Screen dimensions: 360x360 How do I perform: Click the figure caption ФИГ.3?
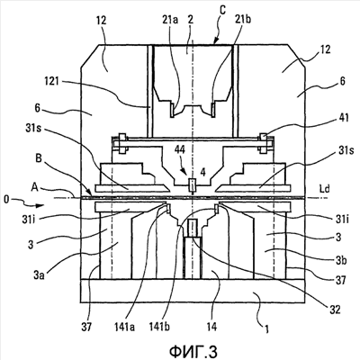(193, 351)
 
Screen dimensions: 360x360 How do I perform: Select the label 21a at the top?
(171, 20)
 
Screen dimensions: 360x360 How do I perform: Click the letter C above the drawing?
(222, 10)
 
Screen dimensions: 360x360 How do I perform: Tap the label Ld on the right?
(325, 189)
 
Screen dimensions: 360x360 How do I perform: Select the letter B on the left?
(39, 158)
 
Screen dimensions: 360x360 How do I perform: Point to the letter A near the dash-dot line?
(34, 187)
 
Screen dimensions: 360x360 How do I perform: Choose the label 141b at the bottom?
(160, 327)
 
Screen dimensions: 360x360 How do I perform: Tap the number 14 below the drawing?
(211, 327)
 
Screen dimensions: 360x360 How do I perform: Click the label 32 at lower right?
(335, 310)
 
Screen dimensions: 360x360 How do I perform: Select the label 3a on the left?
(39, 274)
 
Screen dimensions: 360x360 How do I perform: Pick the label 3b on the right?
(341, 260)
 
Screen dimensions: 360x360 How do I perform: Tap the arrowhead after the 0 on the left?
(40, 206)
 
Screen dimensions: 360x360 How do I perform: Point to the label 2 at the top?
(190, 20)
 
